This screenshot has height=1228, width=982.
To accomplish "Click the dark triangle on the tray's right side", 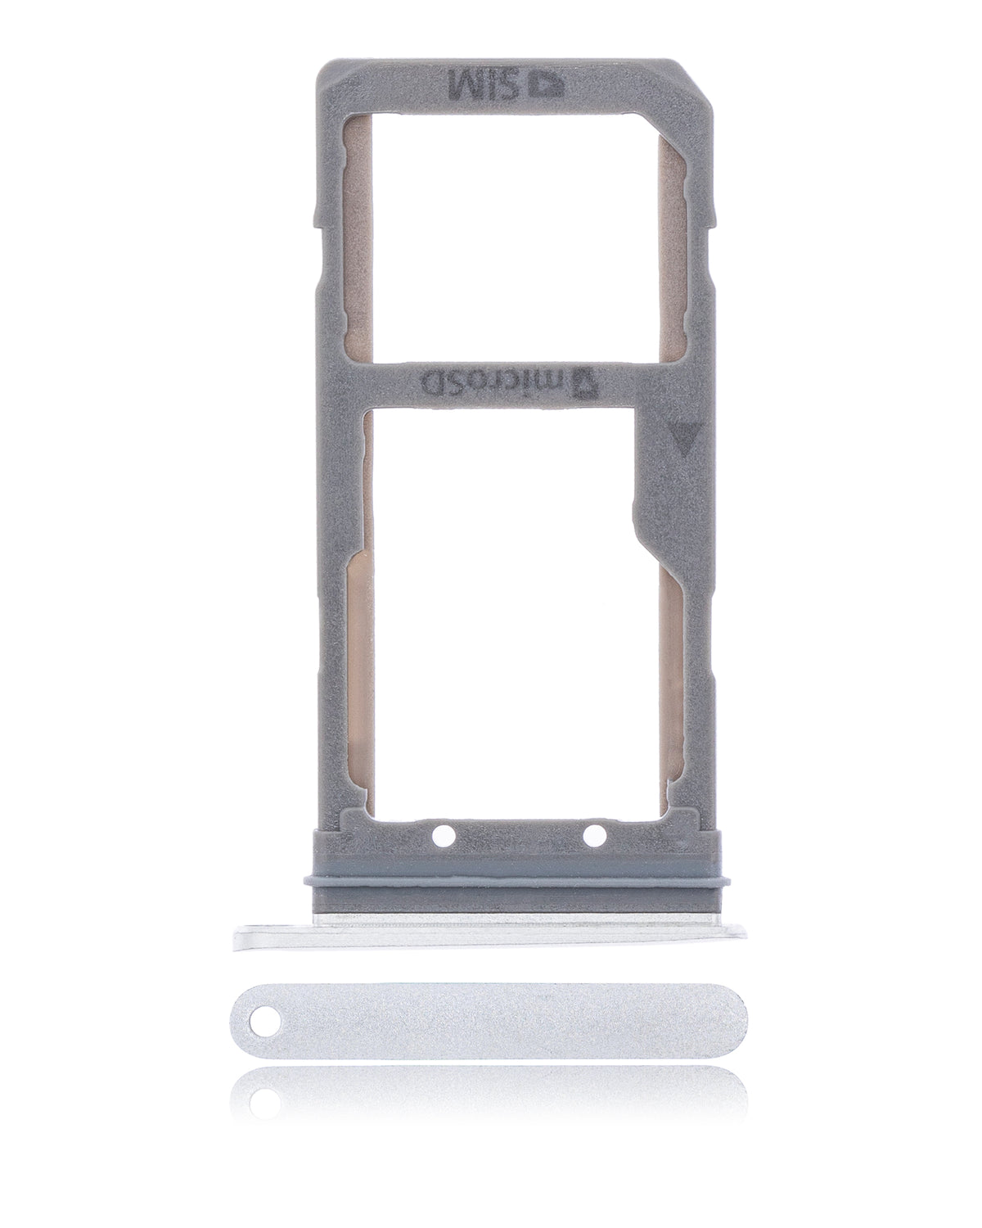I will click(679, 433).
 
